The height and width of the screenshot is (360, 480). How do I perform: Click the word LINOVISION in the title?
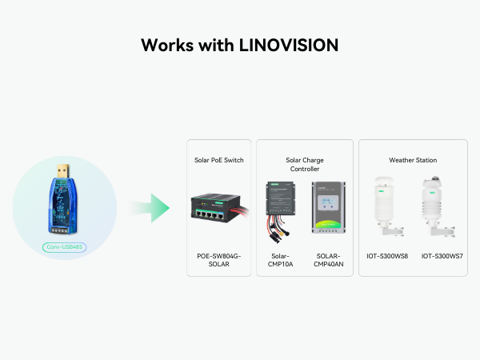click(288, 45)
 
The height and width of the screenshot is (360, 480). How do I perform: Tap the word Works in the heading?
click(167, 45)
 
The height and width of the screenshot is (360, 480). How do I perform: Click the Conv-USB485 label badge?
click(64, 247)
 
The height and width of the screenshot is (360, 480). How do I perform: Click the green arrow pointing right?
click(149, 208)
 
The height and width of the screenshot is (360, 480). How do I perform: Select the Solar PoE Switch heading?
click(219, 160)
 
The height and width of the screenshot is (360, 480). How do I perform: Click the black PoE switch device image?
click(217, 208)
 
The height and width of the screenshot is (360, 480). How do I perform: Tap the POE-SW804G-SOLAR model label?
click(219, 260)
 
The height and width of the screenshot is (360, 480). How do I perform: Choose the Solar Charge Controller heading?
click(305, 164)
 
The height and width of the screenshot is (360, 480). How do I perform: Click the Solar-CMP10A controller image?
click(281, 212)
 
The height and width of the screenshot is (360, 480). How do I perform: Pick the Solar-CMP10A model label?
click(281, 260)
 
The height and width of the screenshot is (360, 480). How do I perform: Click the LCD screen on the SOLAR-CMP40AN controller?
click(328, 202)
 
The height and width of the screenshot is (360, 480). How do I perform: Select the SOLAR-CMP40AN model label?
click(329, 260)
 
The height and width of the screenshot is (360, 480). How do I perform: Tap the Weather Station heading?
click(413, 160)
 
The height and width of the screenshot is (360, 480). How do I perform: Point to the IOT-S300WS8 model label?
click(387, 256)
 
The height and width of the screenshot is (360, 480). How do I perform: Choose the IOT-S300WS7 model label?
click(442, 256)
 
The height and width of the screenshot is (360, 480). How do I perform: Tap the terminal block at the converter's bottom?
click(61, 230)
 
